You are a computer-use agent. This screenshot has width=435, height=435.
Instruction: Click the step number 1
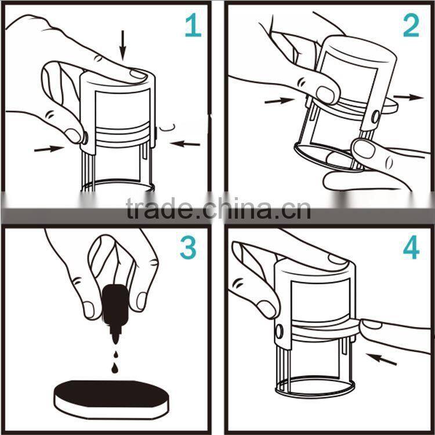pos(193,26)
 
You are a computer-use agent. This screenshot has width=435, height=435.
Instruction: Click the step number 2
pos(411,26)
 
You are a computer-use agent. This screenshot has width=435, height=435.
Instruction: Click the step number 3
pos(188,248)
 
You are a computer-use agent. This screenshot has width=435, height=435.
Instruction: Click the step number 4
pos(411,247)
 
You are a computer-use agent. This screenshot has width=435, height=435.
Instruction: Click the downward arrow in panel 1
pos(122,46)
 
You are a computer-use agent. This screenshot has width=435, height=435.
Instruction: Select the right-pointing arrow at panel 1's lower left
pos(49,149)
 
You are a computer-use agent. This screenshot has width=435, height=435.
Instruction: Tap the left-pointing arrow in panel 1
pos(185,144)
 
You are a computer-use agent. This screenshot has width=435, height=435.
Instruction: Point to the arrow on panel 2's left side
pos(280,100)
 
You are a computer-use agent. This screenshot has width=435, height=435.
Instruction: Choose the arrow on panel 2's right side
pos(408,97)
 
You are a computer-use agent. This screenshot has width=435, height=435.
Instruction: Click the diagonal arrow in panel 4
pos(381,359)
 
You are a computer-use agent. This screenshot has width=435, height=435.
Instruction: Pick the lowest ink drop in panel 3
pos(114,368)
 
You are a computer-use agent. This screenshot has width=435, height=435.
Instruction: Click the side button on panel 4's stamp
pos(279,331)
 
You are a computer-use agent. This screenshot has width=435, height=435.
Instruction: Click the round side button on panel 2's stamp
pos(375,117)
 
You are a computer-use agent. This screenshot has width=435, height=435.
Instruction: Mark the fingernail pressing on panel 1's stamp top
pos(139,75)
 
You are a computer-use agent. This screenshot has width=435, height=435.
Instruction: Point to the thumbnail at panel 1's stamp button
pos(73,136)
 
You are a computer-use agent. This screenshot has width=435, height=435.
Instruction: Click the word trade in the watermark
pos(159,208)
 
